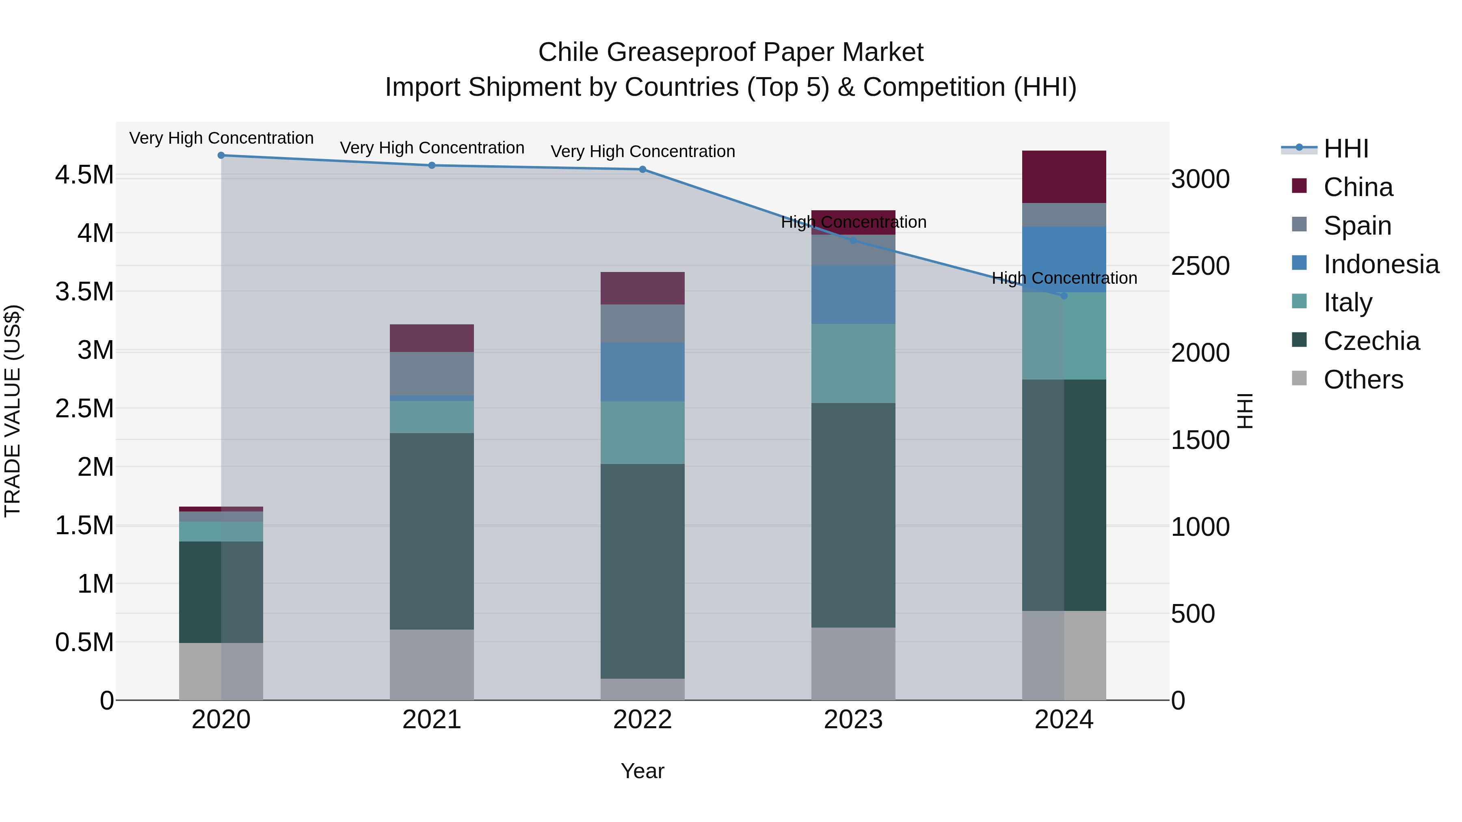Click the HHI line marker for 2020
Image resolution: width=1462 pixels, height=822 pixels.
(x=221, y=155)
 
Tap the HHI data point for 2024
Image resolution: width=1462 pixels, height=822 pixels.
(x=1064, y=296)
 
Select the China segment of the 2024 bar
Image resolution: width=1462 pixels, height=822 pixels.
(x=1064, y=177)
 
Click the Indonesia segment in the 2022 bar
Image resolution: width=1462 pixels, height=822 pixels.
(x=642, y=372)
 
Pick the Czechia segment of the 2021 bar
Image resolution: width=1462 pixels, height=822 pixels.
(x=432, y=531)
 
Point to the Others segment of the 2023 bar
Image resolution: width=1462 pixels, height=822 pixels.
(x=853, y=663)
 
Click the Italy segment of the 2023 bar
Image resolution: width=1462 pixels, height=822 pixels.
(x=853, y=364)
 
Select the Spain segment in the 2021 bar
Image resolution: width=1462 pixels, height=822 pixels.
(x=432, y=373)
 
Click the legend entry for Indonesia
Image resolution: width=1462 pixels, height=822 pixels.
(x=1380, y=264)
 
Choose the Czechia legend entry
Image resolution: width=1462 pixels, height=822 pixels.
(x=1371, y=341)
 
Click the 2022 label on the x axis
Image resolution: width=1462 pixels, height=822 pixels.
(x=642, y=720)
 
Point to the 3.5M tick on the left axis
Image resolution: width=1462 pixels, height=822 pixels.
(x=84, y=291)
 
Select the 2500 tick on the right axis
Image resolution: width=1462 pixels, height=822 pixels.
(x=1200, y=266)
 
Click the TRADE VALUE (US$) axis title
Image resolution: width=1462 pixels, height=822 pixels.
(x=13, y=411)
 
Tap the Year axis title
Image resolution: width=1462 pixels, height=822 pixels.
(x=642, y=771)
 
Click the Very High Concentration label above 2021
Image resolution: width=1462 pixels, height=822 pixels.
(x=432, y=148)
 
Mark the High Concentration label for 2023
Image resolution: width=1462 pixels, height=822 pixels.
(x=853, y=222)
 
